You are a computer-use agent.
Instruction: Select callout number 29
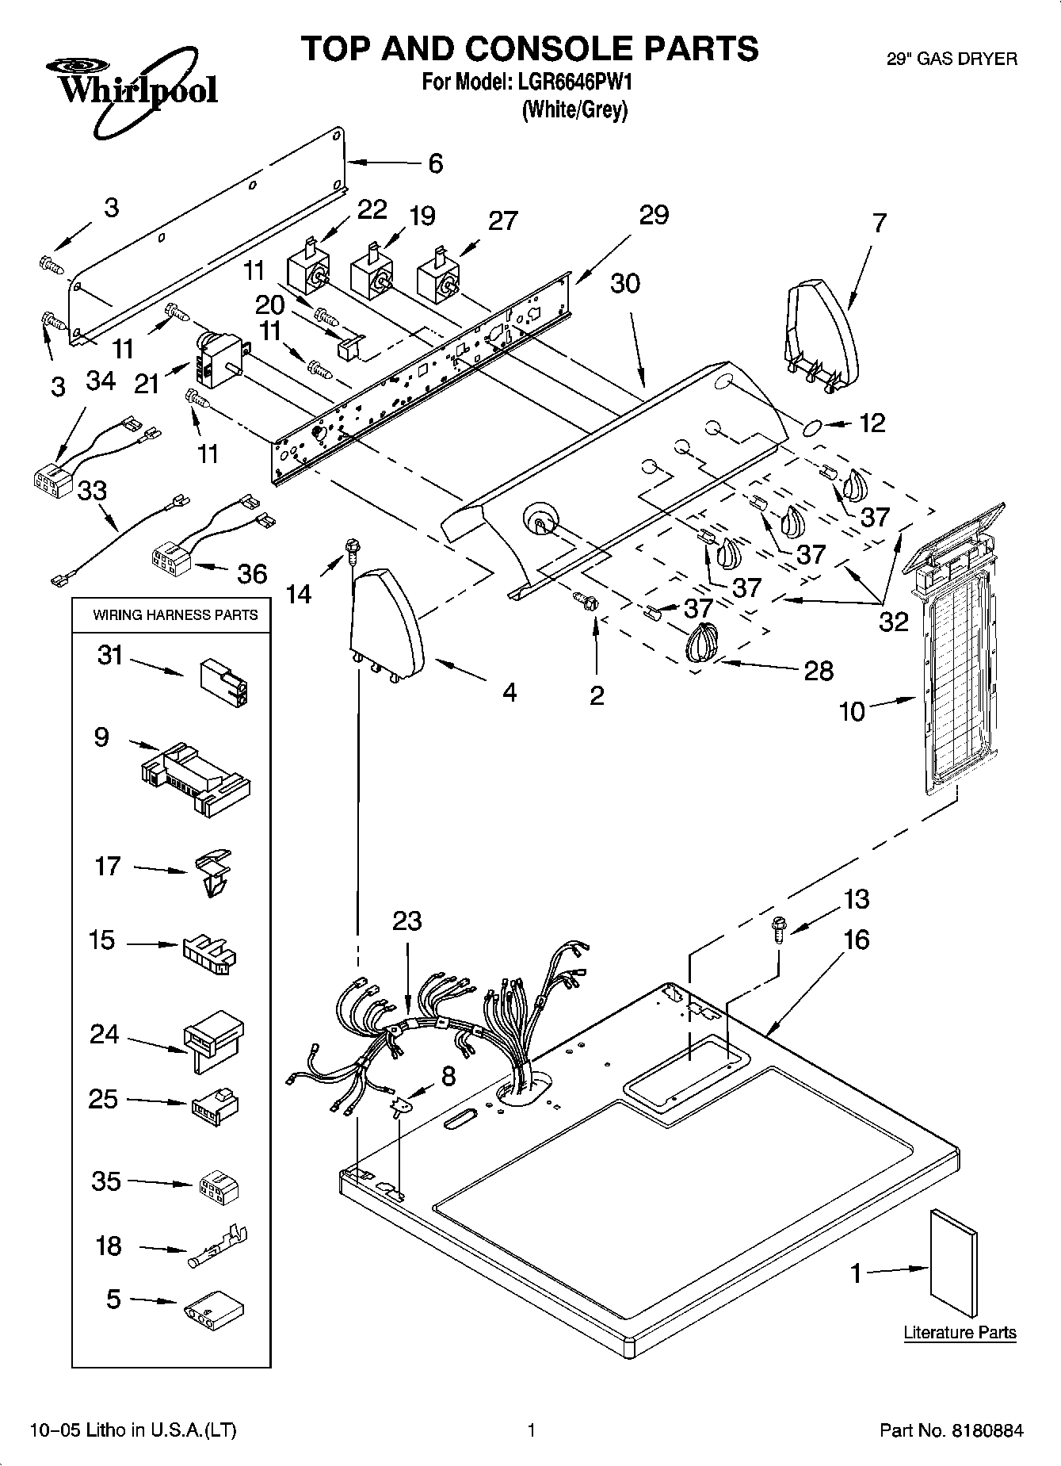(654, 215)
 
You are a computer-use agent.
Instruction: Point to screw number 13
(778, 928)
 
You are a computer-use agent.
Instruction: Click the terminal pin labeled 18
(217, 1249)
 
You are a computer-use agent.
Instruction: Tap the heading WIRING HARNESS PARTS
(175, 614)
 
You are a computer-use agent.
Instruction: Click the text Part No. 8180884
(951, 1430)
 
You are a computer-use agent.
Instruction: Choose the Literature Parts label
(960, 1333)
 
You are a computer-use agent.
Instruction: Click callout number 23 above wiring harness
(406, 921)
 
